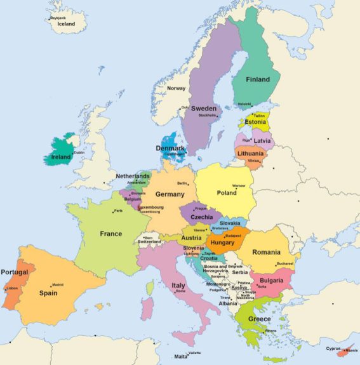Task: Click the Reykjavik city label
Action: pos(58,18)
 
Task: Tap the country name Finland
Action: pos(258,79)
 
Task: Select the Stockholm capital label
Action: pos(208,116)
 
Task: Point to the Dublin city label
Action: pos(79,152)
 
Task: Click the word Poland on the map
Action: pos(226,192)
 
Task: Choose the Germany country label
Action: pos(170,194)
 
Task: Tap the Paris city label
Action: pos(118,211)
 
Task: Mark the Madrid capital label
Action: pos(58,285)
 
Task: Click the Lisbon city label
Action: pos(12,288)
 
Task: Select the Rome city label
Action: pos(180,291)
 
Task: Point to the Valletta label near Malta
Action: pos(194,353)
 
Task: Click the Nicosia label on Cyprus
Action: pos(351,350)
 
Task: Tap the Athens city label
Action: pos(271,331)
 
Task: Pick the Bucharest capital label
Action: pos(285,263)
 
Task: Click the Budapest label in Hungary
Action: pos(234,236)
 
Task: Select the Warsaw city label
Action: pos(239,185)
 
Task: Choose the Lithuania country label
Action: pos(250,154)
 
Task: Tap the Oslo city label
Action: pos(185,107)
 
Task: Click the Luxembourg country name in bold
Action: pos(150,207)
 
